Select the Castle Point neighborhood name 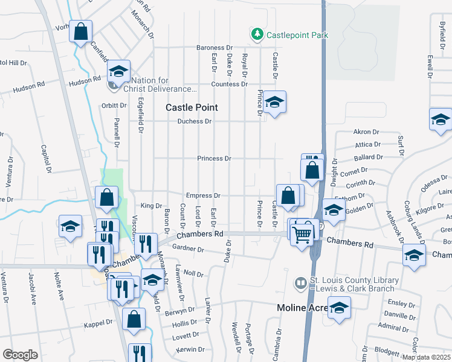(x=192, y=107)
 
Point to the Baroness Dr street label (x=215, y=48)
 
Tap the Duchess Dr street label (x=195, y=121)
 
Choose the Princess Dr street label (x=215, y=159)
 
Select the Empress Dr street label (x=203, y=195)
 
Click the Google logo (x=20, y=354)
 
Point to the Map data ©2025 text (x=427, y=357)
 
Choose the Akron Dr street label (x=366, y=132)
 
